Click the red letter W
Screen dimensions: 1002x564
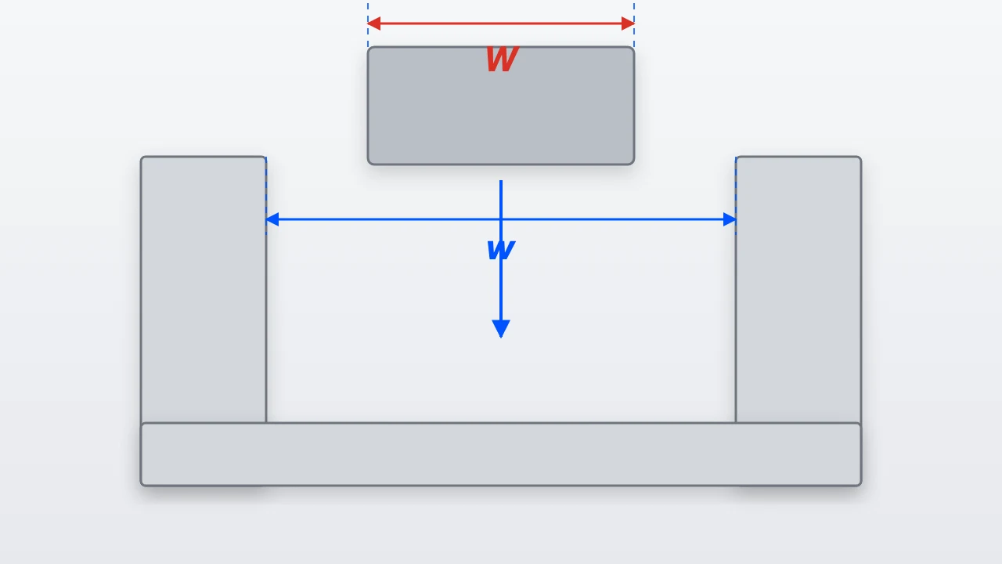coord(503,59)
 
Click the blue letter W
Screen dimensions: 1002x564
coord(501,250)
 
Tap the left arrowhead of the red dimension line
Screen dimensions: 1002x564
coord(374,23)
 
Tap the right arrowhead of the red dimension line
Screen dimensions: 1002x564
coord(628,23)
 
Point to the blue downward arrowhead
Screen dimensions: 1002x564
coord(501,328)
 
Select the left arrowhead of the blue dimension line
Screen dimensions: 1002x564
coord(272,219)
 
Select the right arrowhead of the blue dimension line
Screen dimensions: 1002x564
coord(730,219)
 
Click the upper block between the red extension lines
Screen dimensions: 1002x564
coord(501,106)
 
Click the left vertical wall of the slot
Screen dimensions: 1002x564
coord(204,289)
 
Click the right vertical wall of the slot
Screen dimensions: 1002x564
coord(798,289)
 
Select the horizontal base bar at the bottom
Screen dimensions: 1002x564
coord(501,454)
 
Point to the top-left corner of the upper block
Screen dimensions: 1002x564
coord(368,47)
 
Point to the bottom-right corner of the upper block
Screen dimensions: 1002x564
coord(634,164)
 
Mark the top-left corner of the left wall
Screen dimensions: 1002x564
coord(141,157)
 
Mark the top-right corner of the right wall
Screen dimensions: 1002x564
coord(861,157)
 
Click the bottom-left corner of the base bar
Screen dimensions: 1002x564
coord(141,485)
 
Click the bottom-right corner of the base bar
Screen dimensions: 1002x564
coord(861,485)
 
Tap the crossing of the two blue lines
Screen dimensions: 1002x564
coord(501,219)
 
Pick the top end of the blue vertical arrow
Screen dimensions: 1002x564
coord(501,180)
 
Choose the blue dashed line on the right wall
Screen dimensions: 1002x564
coord(736,196)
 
